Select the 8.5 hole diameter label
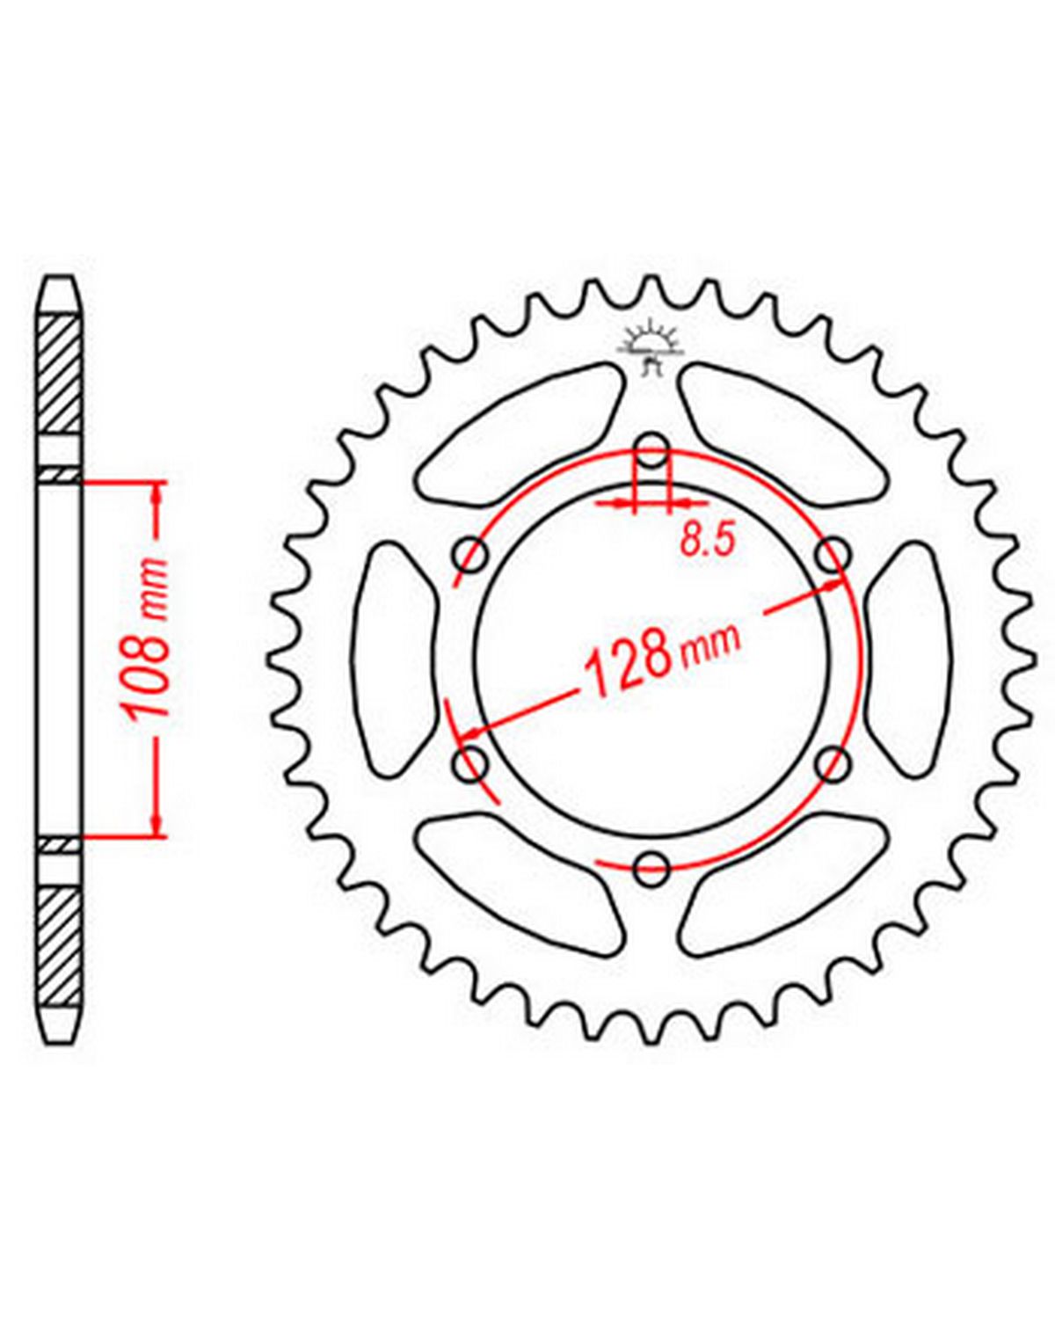pyautogui.click(x=708, y=541)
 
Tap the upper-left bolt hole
pyautogui.click(x=470, y=555)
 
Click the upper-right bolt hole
pyautogui.click(x=833, y=555)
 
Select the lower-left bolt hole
pyautogui.click(x=470, y=764)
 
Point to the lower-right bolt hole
pyautogui.click(x=833, y=764)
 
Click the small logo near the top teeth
pyautogui.click(x=651, y=350)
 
